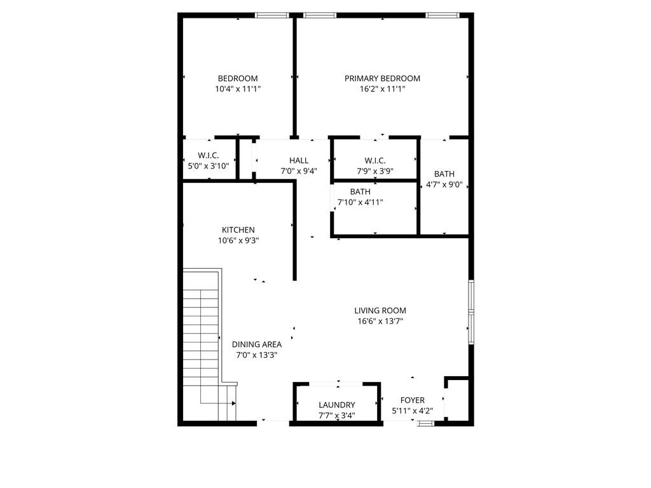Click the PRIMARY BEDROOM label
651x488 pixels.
tap(382, 78)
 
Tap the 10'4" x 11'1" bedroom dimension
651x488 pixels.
tap(238, 89)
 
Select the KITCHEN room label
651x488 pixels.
tap(238, 230)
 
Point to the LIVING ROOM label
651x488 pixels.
tap(380, 310)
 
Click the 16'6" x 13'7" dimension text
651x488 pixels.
tap(380, 321)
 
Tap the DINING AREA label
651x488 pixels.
tap(257, 344)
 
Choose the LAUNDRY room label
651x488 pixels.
tap(337, 405)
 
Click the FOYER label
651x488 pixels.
tap(412, 400)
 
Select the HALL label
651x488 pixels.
tap(299, 161)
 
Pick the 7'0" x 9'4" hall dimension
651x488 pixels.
tap(299, 171)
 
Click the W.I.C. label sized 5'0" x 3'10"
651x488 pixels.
tap(209, 156)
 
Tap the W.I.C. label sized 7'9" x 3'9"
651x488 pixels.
tap(375, 161)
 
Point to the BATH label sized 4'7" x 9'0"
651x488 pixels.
tap(444, 174)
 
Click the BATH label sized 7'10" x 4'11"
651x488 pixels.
tap(360, 192)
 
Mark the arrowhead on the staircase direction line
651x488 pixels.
tap(234, 403)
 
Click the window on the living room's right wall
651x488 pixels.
tap(471, 312)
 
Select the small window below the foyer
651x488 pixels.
tap(425, 424)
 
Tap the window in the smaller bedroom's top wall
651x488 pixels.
tap(272, 15)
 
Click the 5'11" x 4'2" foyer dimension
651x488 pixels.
tap(412, 411)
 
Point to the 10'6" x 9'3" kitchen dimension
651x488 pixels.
tap(238, 241)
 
